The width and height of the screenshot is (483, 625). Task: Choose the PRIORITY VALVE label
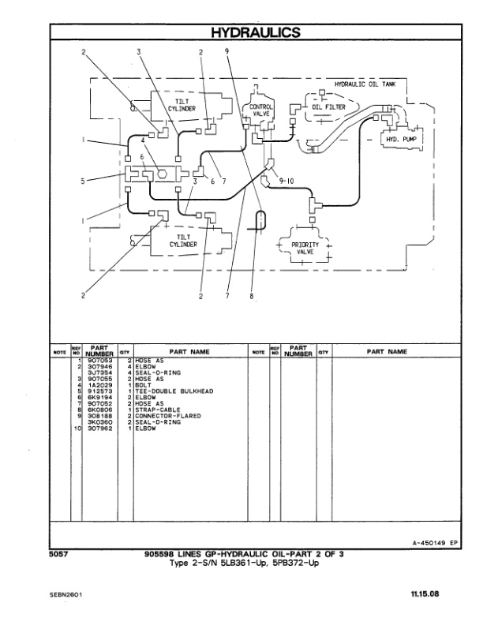pyautogui.click(x=305, y=249)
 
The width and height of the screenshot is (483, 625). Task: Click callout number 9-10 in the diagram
pyautogui.click(x=287, y=181)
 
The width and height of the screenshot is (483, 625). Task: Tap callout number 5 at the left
pyautogui.click(x=83, y=181)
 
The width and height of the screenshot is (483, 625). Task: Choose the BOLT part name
pyautogui.click(x=144, y=384)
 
